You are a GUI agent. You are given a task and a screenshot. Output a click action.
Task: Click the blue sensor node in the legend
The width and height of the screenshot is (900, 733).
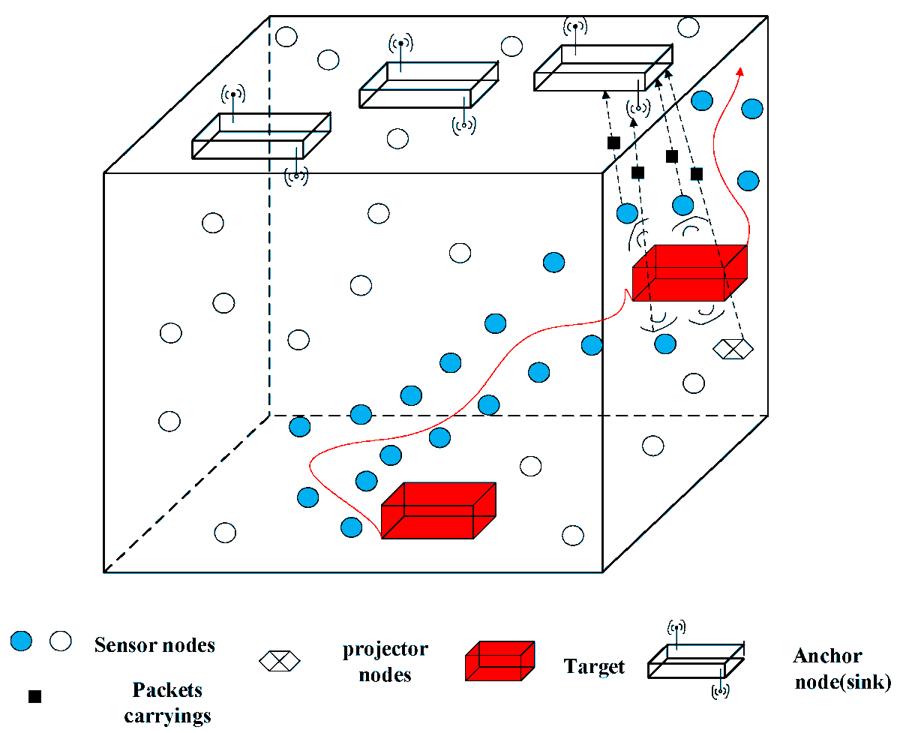point(22,641)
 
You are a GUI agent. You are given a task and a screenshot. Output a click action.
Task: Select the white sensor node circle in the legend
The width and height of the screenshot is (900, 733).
point(60,641)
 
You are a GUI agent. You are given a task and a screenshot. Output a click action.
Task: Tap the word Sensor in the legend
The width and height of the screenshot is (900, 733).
point(122,645)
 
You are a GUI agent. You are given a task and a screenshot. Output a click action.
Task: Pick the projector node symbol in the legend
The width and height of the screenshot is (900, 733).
point(279,660)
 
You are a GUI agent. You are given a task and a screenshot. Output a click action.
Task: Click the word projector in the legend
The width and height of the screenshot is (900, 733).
point(385,649)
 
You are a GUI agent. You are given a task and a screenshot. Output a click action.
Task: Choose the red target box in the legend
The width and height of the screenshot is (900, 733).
point(499,661)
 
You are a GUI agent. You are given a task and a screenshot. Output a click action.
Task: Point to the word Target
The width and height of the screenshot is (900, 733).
point(594,666)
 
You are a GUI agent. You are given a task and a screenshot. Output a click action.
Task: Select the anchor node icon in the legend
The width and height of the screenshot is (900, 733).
point(696,660)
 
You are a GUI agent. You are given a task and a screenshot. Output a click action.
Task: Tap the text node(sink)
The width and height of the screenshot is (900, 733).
point(842,682)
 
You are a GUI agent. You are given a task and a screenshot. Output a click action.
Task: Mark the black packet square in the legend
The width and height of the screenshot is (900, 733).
point(34,697)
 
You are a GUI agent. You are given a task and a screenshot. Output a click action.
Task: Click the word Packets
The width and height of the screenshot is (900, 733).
point(167,689)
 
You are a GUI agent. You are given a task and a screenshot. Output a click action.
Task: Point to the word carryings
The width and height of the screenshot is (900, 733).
point(167,716)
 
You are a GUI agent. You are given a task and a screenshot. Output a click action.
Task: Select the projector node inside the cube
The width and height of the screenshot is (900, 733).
point(732,347)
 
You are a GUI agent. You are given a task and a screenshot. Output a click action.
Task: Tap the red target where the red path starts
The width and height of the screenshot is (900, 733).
point(438,511)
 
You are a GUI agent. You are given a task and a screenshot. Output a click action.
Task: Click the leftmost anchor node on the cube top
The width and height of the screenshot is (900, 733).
point(260,137)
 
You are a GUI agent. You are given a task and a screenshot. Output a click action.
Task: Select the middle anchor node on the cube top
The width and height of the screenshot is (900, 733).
point(428,85)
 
